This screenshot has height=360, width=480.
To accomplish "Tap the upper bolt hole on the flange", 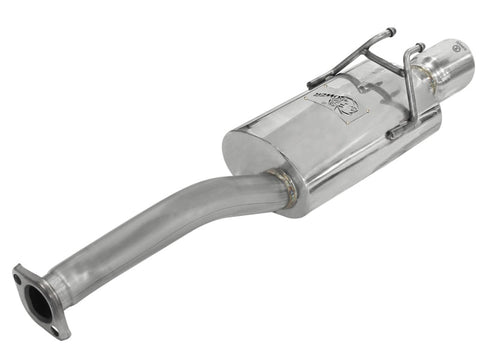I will [21, 272].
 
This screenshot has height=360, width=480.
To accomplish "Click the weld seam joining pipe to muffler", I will [283, 189].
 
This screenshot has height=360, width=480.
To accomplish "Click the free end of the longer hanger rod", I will [390, 31].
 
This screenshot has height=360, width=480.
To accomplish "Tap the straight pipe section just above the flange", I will [90, 261].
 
